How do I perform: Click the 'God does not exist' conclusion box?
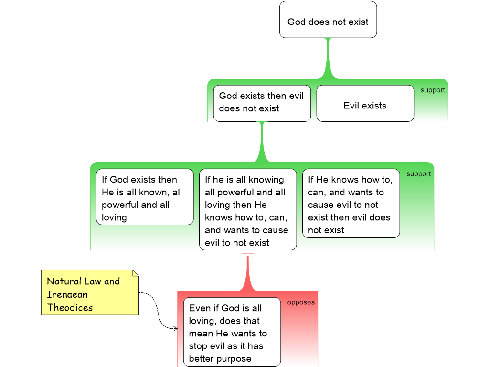pyautogui.click(x=328, y=20)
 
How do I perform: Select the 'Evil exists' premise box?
pyautogui.click(x=365, y=103)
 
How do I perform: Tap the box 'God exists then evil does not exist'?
pyautogui.click(x=262, y=103)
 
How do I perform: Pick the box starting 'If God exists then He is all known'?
pyautogui.click(x=145, y=197)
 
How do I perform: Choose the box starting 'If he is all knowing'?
pyautogui.click(x=248, y=209)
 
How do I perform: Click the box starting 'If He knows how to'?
pyautogui.click(x=351, y=203)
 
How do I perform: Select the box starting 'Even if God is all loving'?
pyautogui.click(x=232, y=332)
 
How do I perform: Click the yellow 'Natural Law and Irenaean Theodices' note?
pyautogui.click(x=90, y=293)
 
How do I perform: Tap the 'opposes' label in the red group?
pyautogui.click(x=301, y=302)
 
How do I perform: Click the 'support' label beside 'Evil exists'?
pyautogui.click(x=433, y=90)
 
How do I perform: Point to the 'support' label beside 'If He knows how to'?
pyautogui.click(x=418, y=174)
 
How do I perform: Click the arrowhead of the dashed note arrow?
pyautogui.click(x=176, y=328)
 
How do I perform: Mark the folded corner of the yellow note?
pyautogui.click(x=136, y=273)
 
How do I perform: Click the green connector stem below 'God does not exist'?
pyautogui.click(x=328, y=58)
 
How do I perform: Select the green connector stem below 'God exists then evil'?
pyautogui.click(x=262, y=142)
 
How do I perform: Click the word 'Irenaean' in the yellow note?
pyautogui.click(x=67, y=294)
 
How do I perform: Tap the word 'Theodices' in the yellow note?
pyautogui.click(x=70, y=307)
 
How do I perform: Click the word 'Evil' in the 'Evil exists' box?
pyautogui.click(x=351, y=106)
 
